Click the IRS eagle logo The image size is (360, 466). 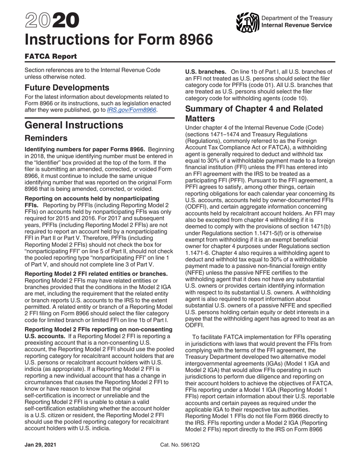tap(247, 22)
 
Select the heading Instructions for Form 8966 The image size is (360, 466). tap(118, 40)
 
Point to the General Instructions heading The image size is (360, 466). tap(74, 125)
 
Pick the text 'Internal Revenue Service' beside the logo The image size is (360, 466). tap(297, 25)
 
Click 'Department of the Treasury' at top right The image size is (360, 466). tap(297, 18)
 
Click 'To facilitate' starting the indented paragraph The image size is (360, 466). tap(210, 337)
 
